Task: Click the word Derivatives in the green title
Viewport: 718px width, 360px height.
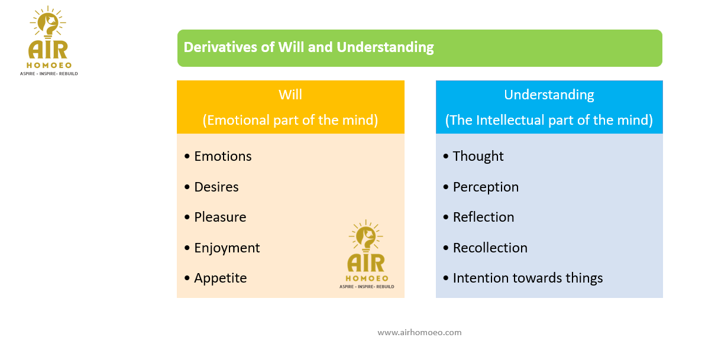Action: (x=220, y=47)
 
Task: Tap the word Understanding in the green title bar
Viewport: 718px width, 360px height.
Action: (x=385, y=47)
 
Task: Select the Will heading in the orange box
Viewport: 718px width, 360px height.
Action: (x=290, y=95)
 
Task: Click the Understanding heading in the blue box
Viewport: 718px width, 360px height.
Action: (x=549, y=95)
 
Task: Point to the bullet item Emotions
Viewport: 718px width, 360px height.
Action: (x=223, y=156)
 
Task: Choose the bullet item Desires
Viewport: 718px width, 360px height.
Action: (x=216, y=187)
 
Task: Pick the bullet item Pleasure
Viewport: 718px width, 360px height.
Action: (x=220, y=217)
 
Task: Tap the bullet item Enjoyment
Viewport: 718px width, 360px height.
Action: (x=227, y=248)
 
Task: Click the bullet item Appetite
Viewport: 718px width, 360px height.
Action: (x=221, y=278)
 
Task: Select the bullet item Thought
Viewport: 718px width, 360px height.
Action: (x=478, y=156)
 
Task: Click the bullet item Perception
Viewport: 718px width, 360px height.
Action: (x=486, y=187)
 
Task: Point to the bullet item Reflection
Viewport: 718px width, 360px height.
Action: (x=483, y=217)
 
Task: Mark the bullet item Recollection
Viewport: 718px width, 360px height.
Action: (x=490, y=248)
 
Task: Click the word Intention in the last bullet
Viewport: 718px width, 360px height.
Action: (x=478, y=278)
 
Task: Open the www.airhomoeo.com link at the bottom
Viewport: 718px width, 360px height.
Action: (x=419, y=332)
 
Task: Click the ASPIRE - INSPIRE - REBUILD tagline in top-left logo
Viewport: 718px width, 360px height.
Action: (x=53, y=73)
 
